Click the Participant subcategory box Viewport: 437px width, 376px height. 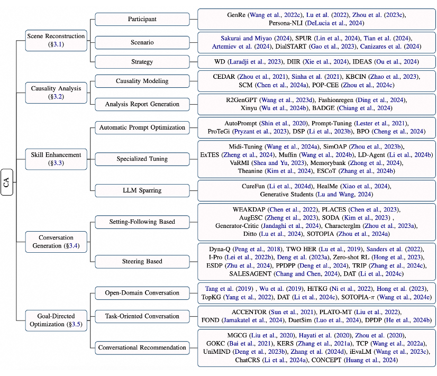coord(142,19)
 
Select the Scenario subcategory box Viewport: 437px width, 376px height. coord(142,42)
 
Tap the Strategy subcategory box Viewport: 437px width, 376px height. coord(142,61)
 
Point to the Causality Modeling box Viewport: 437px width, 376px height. coord(142,81)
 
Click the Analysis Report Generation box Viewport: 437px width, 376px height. coord(142,104)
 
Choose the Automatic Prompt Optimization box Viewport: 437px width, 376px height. coord(142,127)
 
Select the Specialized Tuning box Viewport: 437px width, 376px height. coord(142,159)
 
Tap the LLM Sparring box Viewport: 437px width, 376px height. coord(142,190)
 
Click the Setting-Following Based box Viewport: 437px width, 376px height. coord(142,222)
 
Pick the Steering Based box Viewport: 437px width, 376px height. coord(142,261)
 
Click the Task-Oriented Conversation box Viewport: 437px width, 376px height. coord(142,316)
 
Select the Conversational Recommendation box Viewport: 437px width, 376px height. coord(142,347)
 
